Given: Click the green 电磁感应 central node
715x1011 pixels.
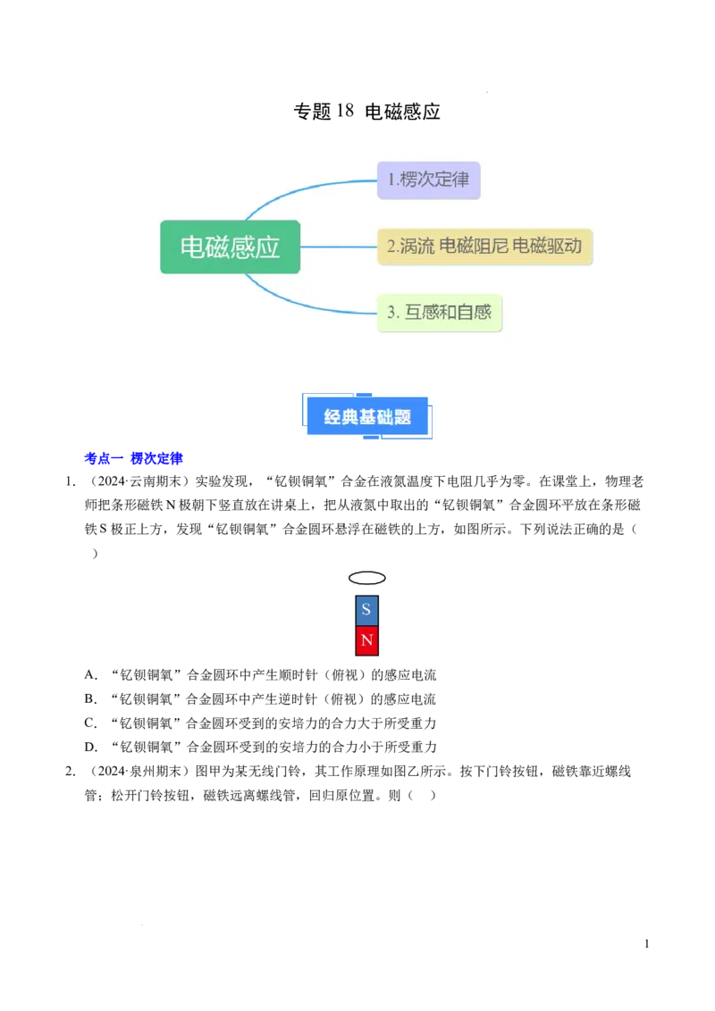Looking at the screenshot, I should [230, 246].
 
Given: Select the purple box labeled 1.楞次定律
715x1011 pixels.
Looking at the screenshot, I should [428, 180].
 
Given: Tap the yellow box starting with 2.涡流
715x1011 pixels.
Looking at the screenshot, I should [485, 246].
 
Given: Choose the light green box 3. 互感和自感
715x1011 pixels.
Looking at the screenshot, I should [440, 313].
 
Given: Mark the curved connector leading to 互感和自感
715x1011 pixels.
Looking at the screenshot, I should [304, 305].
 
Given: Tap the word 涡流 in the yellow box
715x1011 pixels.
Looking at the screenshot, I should [417, 246].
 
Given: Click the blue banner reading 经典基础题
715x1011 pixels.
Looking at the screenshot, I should [367, 416].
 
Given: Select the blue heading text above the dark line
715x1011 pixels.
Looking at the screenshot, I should [133, 459].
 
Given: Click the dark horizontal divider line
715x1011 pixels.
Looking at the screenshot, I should [447, 468].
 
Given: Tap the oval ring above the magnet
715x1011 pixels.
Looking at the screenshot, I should [366, 578].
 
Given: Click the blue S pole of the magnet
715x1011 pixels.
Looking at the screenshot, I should [366, 611].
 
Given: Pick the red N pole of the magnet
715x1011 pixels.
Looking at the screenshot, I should [366, 640].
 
